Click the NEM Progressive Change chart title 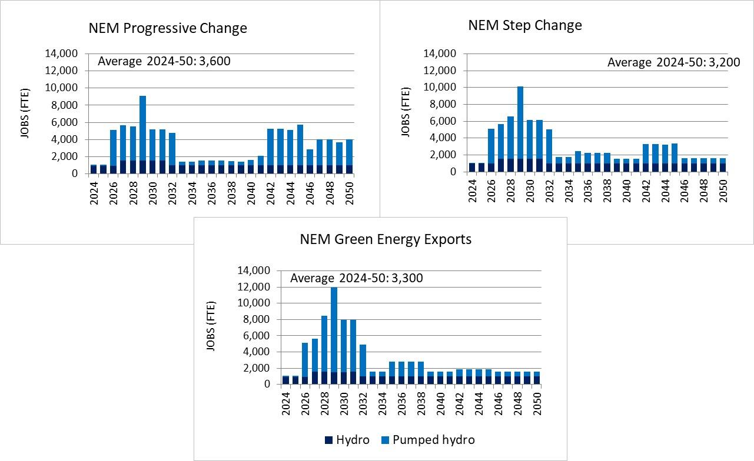(168, 28)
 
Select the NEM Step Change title (525, 25)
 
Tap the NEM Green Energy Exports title (386, 239)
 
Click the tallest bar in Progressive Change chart (142, 135)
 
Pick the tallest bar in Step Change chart (520, 129)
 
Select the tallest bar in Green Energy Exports (334, 335)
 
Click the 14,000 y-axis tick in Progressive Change (61, 54)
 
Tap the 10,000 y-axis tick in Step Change (440, 87)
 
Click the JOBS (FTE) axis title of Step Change (405, 112)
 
